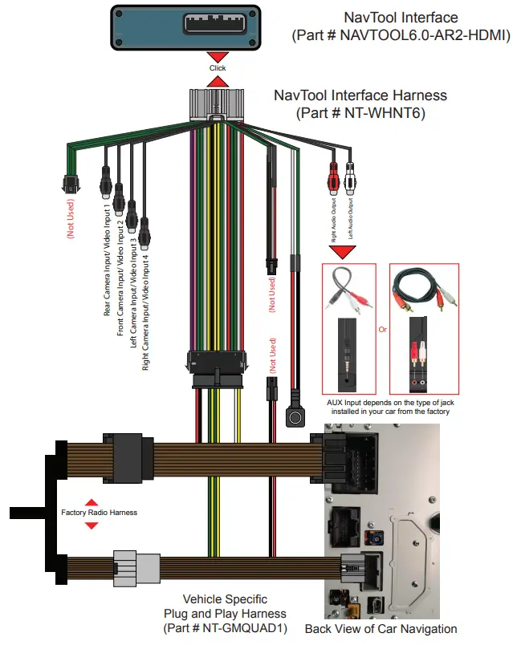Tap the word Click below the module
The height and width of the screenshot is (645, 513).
(218, 68)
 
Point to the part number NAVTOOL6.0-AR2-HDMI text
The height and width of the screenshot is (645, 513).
(397, 35)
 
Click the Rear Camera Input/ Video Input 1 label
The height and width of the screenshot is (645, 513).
(108, 259)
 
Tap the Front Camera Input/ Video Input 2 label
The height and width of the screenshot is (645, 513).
(120, 277)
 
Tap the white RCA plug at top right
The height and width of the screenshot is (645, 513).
(351, 174)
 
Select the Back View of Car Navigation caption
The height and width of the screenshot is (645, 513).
(381, 629)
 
